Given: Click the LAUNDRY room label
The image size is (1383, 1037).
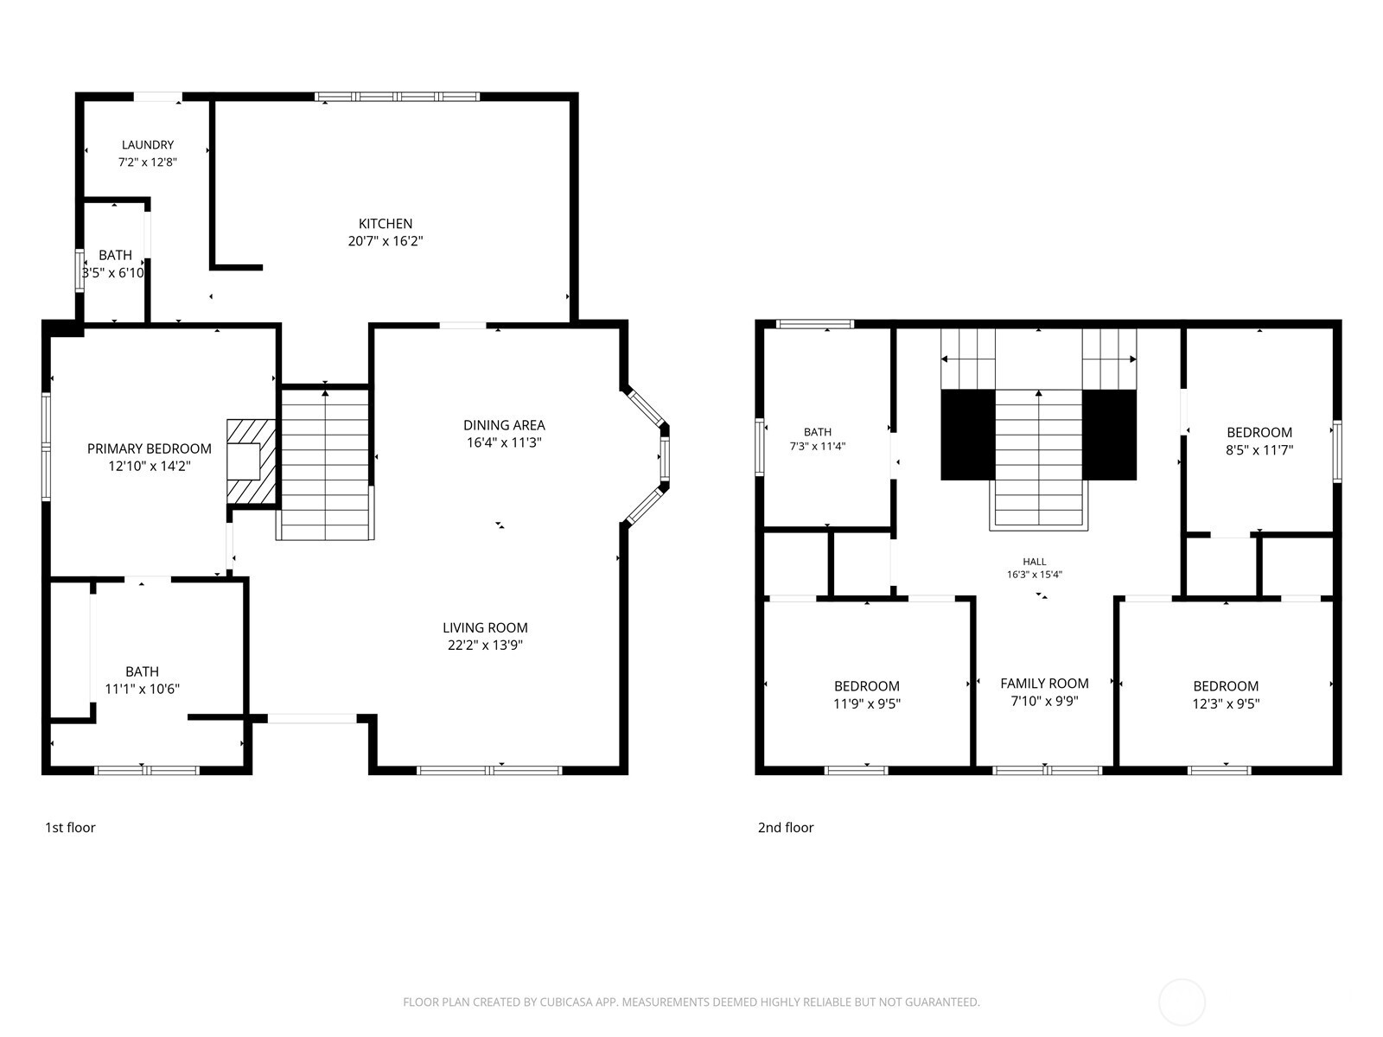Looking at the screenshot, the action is (x=148, y=145).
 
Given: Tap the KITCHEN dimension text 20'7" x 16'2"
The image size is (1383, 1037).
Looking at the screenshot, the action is (x=385, y=241).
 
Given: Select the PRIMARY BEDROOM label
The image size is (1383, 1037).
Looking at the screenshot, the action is (x=150, y=449).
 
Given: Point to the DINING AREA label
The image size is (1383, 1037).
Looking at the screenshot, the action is (x=504, y=425).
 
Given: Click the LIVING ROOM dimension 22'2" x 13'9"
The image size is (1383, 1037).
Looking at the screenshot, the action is (x=485, y=646).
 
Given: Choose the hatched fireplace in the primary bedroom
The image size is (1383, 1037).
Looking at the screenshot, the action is (x=252, y=461).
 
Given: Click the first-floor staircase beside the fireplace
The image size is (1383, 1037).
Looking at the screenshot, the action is (x=325, y=465).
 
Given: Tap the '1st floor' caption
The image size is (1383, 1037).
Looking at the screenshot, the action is (x=70, y=828).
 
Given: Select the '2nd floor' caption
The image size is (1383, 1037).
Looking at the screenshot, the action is (x=786, y=828).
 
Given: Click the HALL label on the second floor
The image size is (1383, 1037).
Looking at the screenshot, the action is (x=1035, y=562).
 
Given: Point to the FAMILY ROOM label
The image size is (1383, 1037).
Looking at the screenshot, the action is (x=1045, y=684).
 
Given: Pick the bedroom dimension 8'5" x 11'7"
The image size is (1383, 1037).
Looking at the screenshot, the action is (x=1259, y=450).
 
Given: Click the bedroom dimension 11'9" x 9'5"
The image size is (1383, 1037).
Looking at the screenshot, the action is (x=867, y=704).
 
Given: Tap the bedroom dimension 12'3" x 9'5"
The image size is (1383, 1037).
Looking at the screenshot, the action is (x=1226, y=704).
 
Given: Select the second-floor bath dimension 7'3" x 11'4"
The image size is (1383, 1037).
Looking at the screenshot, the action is (x=818, y=447).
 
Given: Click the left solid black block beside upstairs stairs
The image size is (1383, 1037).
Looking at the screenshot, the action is (x=968, y=435).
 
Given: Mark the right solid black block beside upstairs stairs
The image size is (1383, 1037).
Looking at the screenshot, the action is (x=1110, y=435).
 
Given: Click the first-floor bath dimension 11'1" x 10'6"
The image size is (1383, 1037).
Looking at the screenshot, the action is (x=143, y=690).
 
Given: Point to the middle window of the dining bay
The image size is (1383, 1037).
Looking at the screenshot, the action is (x=664, y=459).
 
